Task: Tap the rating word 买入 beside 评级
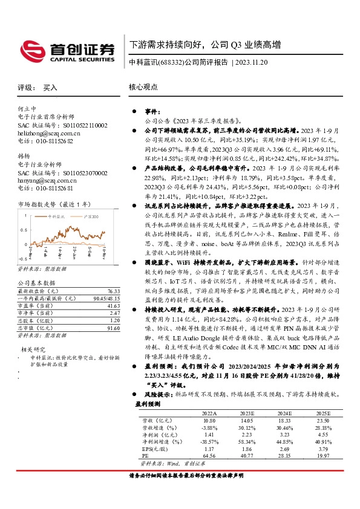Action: [50, 87]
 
